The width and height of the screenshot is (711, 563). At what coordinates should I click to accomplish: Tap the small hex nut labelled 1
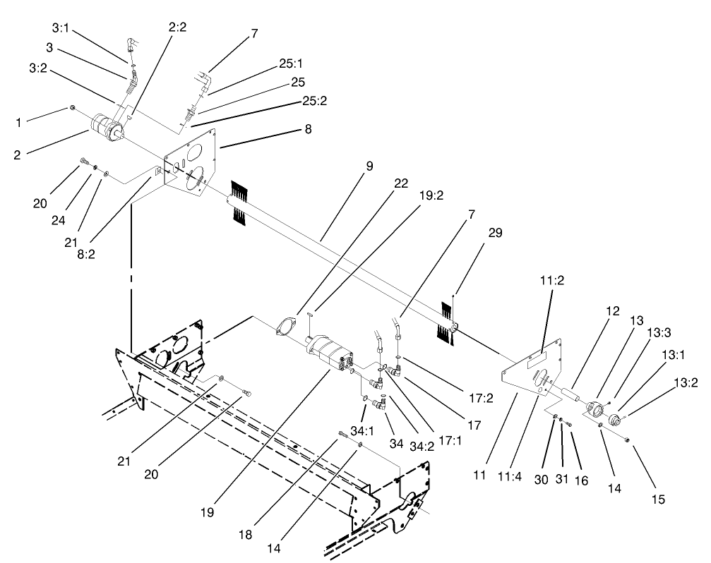[x=73, y=108]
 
